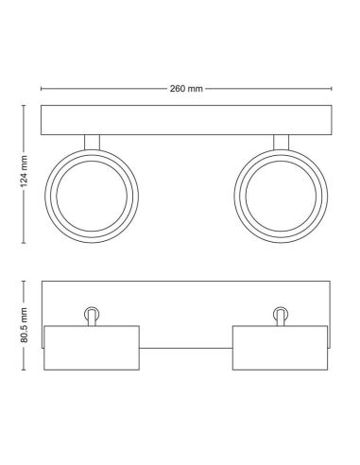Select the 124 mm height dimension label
click(23, 174)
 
